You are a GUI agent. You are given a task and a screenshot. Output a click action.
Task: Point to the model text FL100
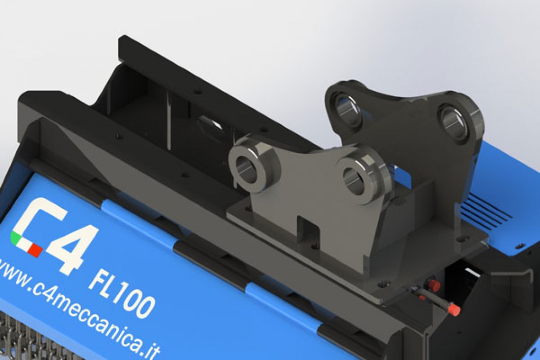click(121, 291)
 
